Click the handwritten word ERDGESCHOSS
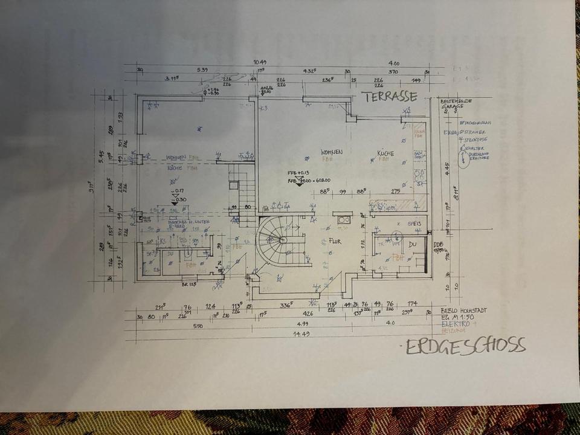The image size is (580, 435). [465, 346]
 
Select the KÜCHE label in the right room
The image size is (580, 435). [385, 153]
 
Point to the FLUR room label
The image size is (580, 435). [335, 242]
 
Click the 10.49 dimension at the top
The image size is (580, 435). [260, 62]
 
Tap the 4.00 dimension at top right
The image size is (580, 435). [394, 63]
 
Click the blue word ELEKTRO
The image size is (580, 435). [454, 324]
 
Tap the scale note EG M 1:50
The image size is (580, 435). [457, 317]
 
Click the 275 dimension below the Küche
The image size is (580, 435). [396, 192]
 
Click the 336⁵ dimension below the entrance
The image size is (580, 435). [288, 305]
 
